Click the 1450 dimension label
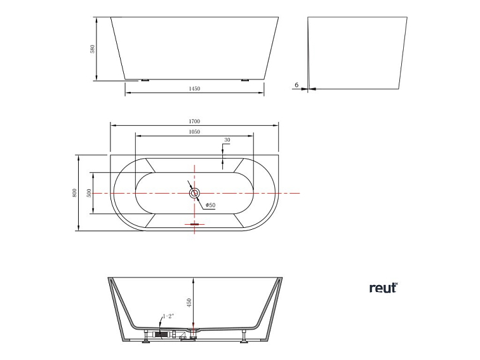[194, 89]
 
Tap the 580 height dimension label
[92, 48]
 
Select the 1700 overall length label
[194, 121]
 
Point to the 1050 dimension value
[194, 132]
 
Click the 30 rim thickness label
[227, 140]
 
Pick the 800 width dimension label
[75, 192]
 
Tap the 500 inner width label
[90, 192]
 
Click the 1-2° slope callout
[168, 316]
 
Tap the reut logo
[383, 288]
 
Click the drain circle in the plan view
[194, 192]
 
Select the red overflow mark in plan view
[194, 224]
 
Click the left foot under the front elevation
[145, 81]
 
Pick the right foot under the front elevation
[245, 81]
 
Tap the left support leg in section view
[145, 336]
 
